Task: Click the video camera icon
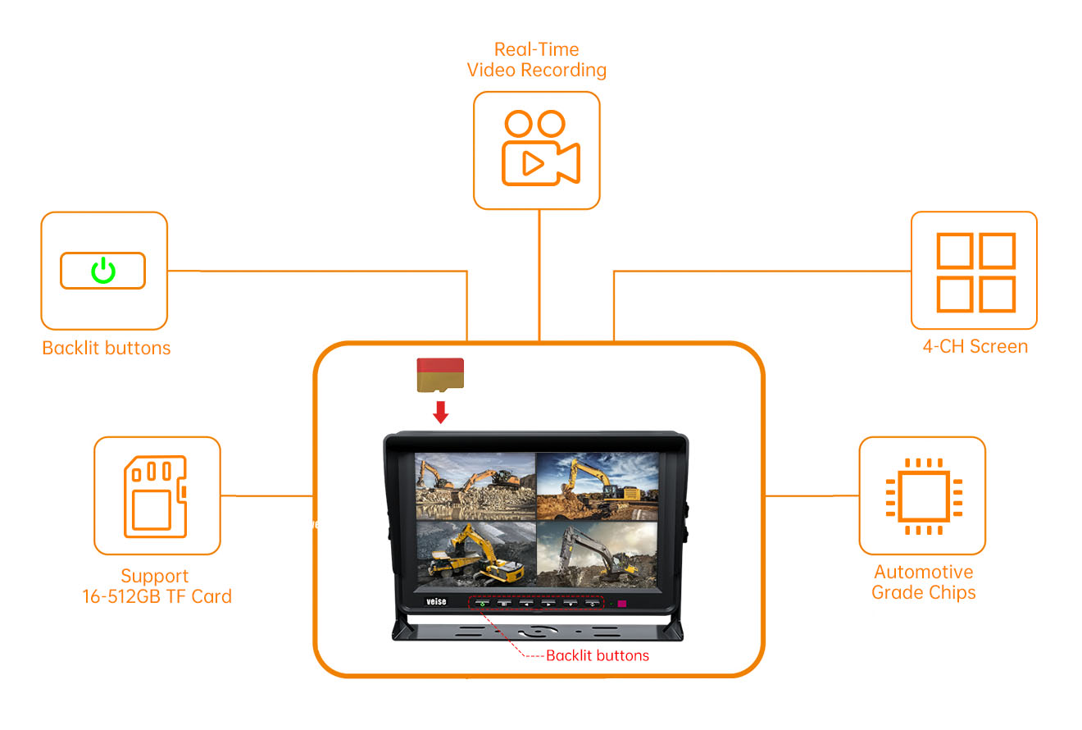[x=541, y=148]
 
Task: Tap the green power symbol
[x=103, y=271]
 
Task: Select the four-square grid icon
[x=976, y=272]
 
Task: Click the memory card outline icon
[x=156, y=496]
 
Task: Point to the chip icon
[x=924, y=496]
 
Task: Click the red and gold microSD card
[x=440, y=375]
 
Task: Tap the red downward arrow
[x=440, y=413]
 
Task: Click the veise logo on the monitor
[x=436, y=601]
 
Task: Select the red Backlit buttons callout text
[x=598, y=655]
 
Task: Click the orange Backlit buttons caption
[x=107, y=348]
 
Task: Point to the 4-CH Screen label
[x=975, y=347]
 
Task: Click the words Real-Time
[x=537, y=49]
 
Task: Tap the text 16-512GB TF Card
[x=157, y=596]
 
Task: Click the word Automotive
[x=924, y=572]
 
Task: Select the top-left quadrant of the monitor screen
[x=475, y=486]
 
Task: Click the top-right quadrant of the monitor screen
[x=598, y=486]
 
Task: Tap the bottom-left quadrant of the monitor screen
[x=475, y=554]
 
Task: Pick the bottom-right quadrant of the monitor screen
[x=597, y=554]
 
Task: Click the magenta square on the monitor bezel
[x=622, y=604]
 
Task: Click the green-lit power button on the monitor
[x=482, y=604]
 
